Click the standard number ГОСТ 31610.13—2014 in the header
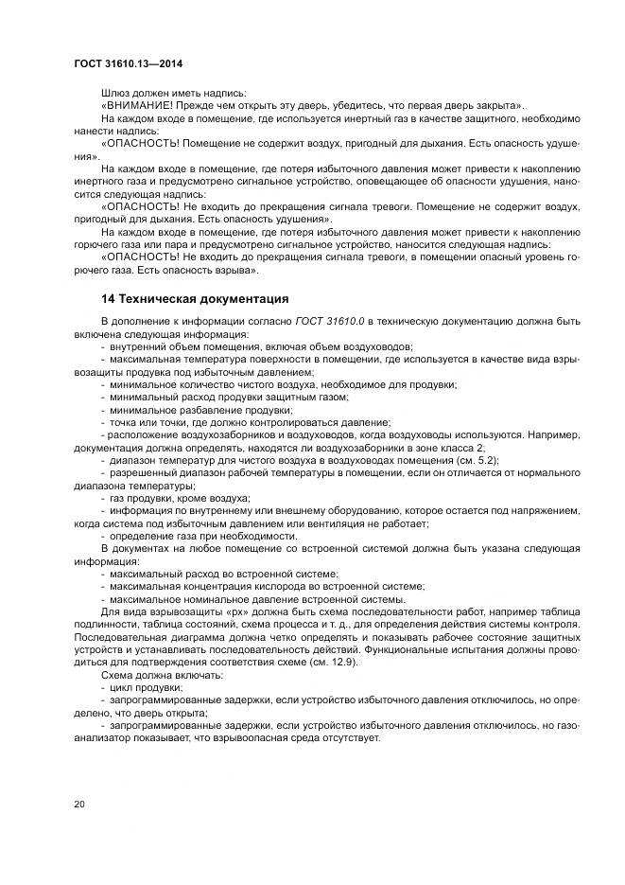coord(128,63)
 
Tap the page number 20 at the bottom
coord(78,805)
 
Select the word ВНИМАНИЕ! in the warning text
coord(139,105)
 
